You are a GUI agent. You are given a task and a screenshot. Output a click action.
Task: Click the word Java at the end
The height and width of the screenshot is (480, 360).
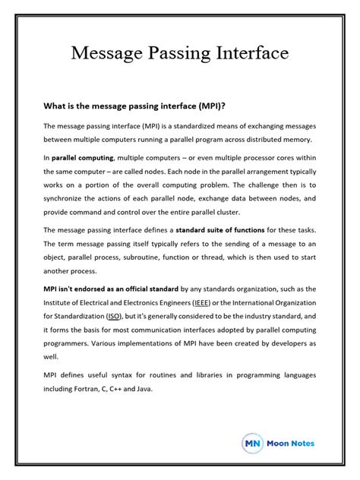tap(142, 388)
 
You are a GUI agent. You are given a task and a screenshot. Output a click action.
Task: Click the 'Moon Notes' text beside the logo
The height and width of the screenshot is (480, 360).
tap(290, 443)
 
